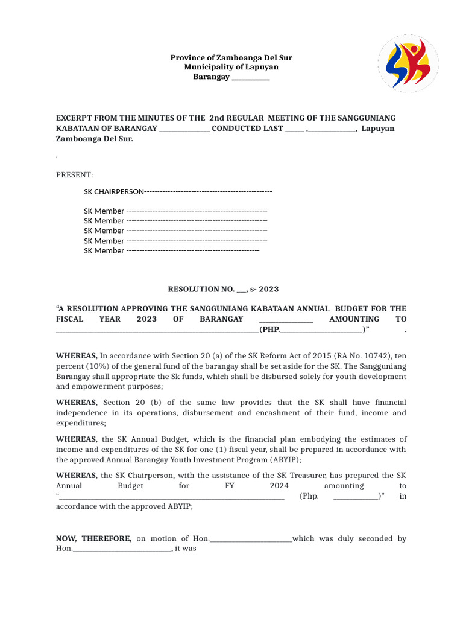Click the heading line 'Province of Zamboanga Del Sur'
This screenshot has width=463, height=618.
tap(231, 58)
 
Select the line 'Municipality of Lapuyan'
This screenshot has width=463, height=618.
tap(231, 67)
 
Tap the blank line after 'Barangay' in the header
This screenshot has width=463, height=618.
tap(251, 77)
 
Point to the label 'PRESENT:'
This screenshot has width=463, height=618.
tap(75, 175)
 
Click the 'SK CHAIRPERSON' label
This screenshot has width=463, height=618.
tap(114, 191)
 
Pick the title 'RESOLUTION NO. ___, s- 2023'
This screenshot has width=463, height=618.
tap(223, 290)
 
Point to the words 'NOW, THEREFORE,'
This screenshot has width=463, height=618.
tap(93, 538)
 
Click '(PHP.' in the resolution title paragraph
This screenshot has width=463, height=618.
tap(269, 330)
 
